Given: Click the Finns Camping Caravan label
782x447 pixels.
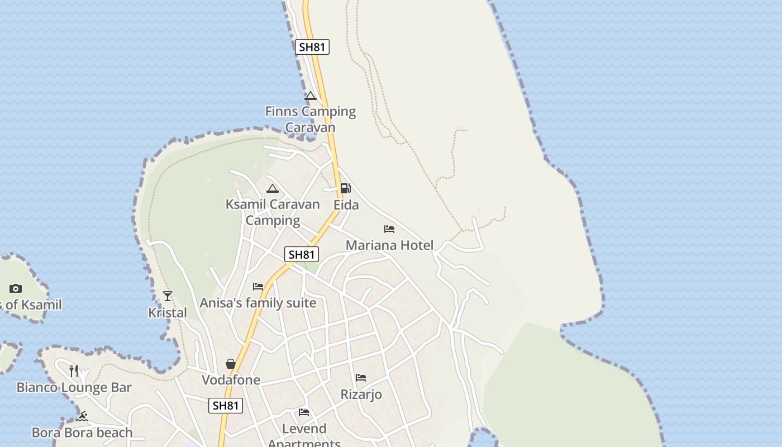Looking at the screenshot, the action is pos(310,119).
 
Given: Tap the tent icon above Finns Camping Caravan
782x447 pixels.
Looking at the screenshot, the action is pos(311,96).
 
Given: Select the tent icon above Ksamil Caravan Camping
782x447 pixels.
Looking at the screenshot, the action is pos(272,188).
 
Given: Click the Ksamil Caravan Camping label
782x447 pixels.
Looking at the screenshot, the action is pos(273,212).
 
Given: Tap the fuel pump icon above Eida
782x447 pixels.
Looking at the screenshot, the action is pos(346,188).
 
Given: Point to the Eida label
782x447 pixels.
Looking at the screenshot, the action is pos(346,205).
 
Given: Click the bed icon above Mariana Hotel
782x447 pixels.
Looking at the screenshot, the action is pos(389,229).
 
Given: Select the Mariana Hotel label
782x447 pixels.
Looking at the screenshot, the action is pos(389,245).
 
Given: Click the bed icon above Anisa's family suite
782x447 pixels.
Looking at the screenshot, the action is pos(258,287).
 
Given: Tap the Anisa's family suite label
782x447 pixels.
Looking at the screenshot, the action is pos(258,303).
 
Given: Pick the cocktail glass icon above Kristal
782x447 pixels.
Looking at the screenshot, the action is pos(168,296).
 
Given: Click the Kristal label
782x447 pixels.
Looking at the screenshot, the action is pos(168,313).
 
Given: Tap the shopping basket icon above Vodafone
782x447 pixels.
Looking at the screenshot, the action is pos(231,364).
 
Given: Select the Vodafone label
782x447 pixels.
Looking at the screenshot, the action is pos(231,380).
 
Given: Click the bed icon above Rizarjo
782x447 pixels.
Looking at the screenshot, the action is pos(361,378).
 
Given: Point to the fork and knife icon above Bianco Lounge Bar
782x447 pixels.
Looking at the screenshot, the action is pos(74,370).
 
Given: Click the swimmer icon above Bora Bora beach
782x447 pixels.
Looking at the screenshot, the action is pos(83,416).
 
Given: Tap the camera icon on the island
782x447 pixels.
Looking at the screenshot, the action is pos(16,288).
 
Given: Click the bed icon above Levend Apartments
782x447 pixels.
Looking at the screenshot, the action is pos(304,412).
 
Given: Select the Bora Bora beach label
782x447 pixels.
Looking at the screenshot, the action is pos(82,432).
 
